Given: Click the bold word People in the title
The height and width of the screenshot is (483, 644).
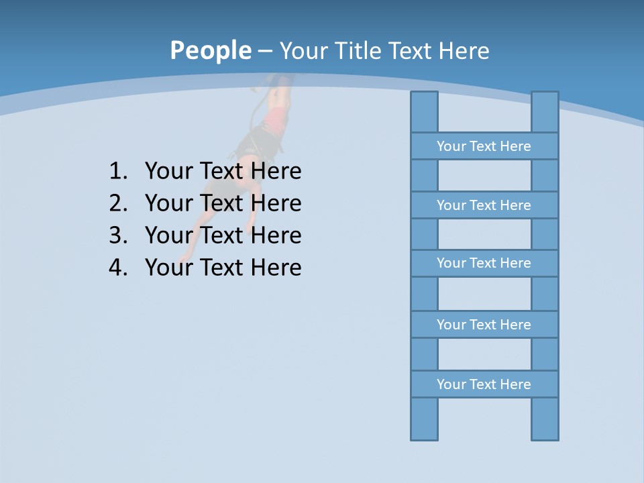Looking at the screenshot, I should (210, 50).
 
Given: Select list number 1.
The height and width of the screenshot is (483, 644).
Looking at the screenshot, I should (117, 171).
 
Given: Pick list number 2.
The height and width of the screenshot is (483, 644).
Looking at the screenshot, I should (117, 203).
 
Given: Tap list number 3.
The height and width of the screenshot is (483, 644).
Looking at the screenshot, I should (117, 235).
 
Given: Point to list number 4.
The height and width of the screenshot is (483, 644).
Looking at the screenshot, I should (117, 268).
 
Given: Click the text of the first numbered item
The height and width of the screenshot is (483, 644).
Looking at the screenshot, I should (223, 171).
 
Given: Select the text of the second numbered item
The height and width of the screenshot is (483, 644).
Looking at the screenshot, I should (223, 203).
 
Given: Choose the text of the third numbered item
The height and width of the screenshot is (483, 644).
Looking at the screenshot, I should (223, 235).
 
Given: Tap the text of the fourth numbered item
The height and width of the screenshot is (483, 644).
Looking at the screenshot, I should (223, 268).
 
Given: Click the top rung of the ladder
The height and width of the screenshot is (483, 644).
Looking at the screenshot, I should (484, 146).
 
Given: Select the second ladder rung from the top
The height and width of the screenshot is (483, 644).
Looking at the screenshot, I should (484, 205).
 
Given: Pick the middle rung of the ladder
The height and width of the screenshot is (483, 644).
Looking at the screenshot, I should (484, 263).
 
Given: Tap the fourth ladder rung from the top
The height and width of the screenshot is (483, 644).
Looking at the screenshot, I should (484, 325).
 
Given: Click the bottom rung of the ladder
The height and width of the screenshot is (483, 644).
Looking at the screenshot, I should (484, 384).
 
